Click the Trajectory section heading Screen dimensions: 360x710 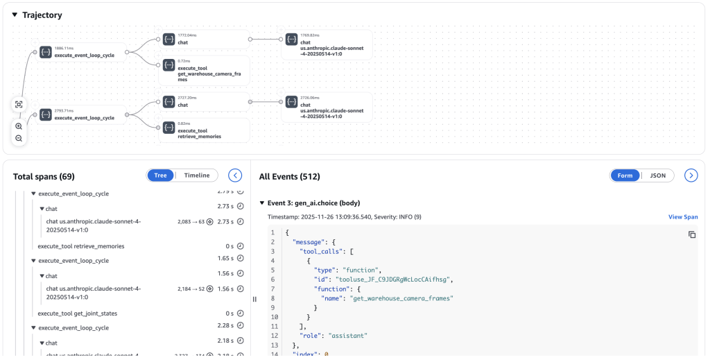tap(42, 15)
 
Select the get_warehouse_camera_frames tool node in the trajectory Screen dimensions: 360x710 tap(204, 70)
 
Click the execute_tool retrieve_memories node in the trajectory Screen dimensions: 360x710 tap(204, 130)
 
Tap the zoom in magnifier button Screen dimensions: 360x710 tap(19, 126)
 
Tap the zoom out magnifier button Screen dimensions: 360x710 tap(19, 139)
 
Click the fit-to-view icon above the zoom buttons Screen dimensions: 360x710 tap(19, 105)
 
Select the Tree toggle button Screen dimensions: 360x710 tap(160, 175)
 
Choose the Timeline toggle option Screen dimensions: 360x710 tap(196, 175)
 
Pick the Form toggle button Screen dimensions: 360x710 tap(625, 175)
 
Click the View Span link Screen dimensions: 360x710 tap(682, 217)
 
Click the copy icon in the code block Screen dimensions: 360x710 tap(691, 235)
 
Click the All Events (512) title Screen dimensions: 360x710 tap(289, 177)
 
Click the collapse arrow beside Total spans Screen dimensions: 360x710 tap(235, 175)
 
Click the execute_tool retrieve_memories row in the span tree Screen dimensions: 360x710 tap(81, 246)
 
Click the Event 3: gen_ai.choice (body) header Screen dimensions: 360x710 tap(313, 203)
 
